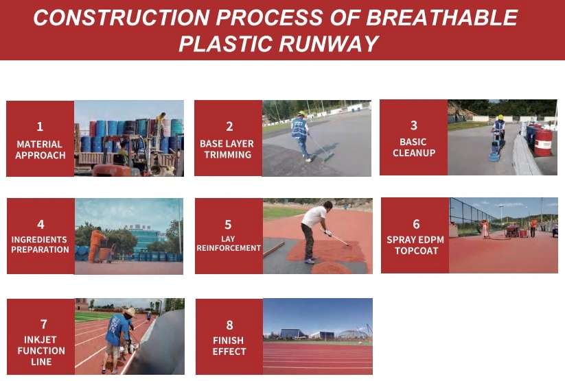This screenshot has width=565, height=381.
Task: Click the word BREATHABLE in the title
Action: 441,17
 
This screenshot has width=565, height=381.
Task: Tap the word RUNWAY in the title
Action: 328,44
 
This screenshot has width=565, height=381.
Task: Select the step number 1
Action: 40,126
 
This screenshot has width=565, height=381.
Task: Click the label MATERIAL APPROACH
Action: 40,149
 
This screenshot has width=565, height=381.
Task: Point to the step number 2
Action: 229,126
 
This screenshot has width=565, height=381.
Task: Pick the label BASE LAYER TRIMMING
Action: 227,149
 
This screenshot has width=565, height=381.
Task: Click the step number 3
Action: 414,125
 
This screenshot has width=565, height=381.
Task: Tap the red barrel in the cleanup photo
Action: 542,143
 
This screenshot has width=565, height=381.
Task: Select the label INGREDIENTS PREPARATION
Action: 40,245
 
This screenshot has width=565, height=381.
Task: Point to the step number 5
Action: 228,225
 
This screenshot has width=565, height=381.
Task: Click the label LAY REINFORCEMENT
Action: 229,243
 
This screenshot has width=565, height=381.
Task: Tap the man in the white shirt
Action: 314,232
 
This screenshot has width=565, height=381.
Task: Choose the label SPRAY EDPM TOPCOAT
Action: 415,245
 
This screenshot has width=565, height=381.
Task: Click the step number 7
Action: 44,324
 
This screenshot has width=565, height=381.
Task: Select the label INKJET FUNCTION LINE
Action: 41,350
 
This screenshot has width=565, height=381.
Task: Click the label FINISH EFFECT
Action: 229,346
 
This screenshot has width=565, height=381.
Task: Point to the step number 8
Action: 229,325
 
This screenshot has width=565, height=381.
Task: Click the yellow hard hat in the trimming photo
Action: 301,114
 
